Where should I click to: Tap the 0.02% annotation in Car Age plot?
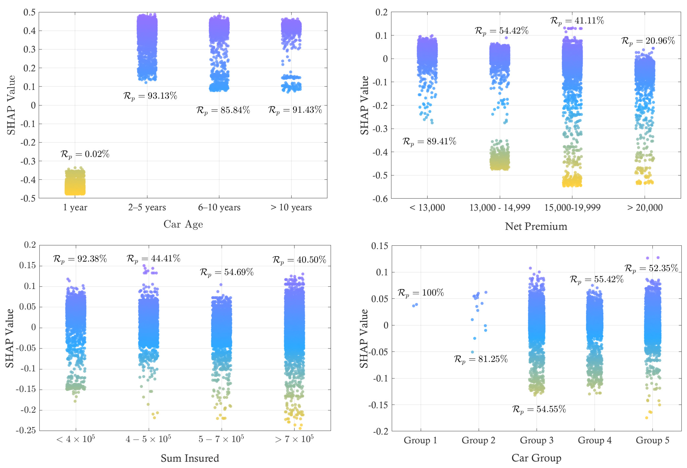point(85,154)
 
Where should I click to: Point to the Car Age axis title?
point(183,224)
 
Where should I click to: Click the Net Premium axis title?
point(536,226)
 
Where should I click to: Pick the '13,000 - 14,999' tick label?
point(500,208)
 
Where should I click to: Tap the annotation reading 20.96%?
point(648,41)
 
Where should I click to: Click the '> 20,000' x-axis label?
point(645,208)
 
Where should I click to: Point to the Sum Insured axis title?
point(190,458)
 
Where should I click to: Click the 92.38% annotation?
point(80,259)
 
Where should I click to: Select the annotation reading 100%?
point(421,293)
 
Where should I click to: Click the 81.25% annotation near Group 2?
point(481,359)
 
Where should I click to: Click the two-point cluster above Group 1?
point(415,305)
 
